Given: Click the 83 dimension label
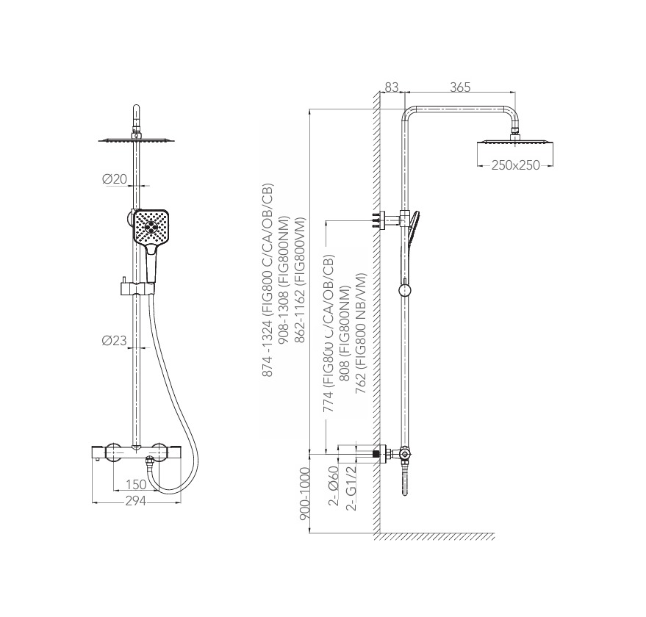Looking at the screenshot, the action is (392, 87).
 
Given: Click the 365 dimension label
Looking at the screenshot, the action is (460, 87).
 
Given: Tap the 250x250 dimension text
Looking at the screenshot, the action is (515, 165).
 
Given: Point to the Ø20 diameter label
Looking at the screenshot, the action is (114, 179).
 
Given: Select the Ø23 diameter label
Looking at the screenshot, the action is (114, 341).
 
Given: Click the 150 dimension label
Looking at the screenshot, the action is (136, 484).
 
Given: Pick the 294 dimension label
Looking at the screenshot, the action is (136, 501).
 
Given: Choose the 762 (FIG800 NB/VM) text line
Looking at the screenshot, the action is (361, 333).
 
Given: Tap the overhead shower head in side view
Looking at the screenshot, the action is (515, 142).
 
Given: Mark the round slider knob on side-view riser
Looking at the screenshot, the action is (405, 289).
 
